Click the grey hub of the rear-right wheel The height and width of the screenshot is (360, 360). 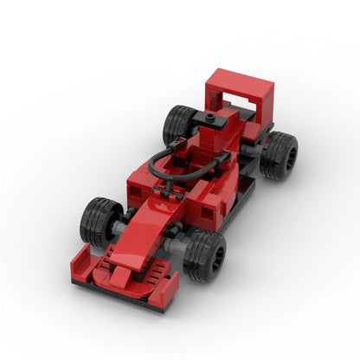288,157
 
